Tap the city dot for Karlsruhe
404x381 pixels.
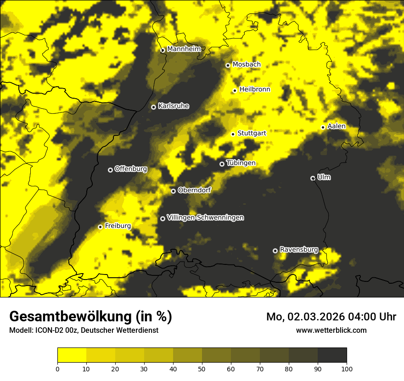click(x=153, y=107)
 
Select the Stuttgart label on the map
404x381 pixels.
click(x=252, y=134)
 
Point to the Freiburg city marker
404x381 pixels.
click(x=100, y=227)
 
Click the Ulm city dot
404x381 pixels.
click(x=313, y=178)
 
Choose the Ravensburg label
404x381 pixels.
click(x=299, y=250)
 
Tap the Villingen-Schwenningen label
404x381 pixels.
click(x=205, y=218)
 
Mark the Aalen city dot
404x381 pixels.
click(x=323, y=127)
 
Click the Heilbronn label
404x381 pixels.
click(x=255, y=90)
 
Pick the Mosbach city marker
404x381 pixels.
click(x=228, y=65)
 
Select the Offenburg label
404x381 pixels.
click(x=131, y=169)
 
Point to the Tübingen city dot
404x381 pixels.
click(x=222, y=164)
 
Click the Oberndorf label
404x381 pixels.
click(x=194, y=190)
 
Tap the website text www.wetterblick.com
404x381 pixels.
click(x=331, y=330)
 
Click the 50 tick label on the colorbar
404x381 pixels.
click(x=202, y=368)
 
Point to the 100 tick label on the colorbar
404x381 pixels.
click(x=346, y=368)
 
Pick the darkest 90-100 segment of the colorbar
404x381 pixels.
click(x=332, y=355)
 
